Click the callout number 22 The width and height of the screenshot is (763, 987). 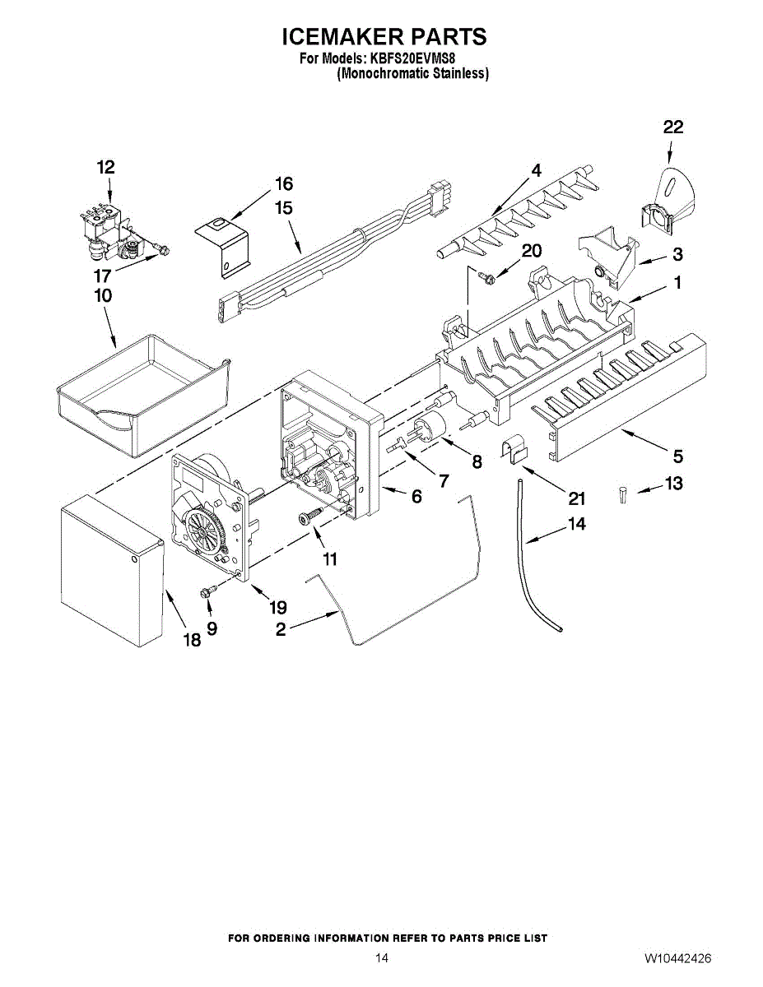click(x=672, y=127)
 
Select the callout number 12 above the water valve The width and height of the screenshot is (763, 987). click(x=105, y=167)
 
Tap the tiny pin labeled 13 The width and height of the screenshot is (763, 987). click(x=623, y=494)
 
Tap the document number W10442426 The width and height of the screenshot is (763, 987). click(x=678, y=959)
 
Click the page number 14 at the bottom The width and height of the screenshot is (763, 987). click(x=381, y=959)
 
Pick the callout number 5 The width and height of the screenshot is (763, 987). click(x=678, y=454)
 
